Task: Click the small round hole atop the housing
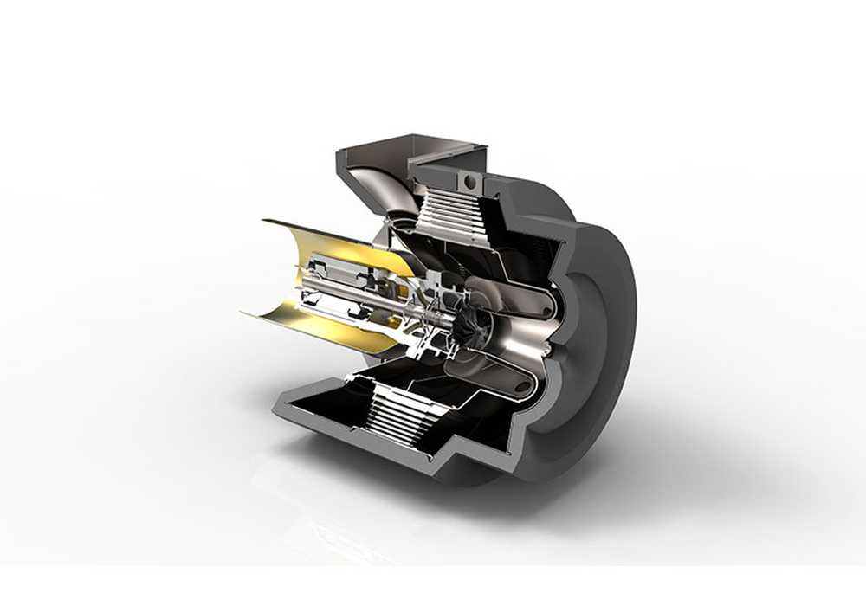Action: click(471, 182)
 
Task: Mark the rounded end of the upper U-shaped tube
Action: click(554, 299)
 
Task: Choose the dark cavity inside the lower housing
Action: click(329, 407)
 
